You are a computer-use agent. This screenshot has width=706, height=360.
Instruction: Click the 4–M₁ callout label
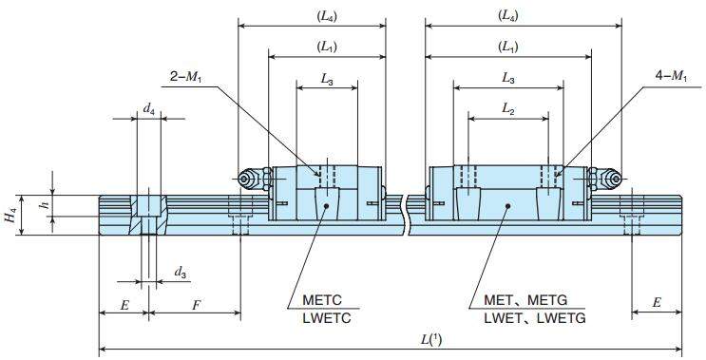click(672, 77)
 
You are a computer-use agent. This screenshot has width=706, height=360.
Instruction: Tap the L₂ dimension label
click(508, 109)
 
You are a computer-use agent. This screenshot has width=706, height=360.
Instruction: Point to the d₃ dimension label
click(181, 273)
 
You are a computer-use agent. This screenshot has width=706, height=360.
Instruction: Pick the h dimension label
click(44, 206)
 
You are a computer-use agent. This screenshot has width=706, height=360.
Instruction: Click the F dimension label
click(196, 306)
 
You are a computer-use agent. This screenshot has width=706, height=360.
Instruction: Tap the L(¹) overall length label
click(431, 340)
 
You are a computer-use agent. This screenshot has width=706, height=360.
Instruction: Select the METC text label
click(322, 300)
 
